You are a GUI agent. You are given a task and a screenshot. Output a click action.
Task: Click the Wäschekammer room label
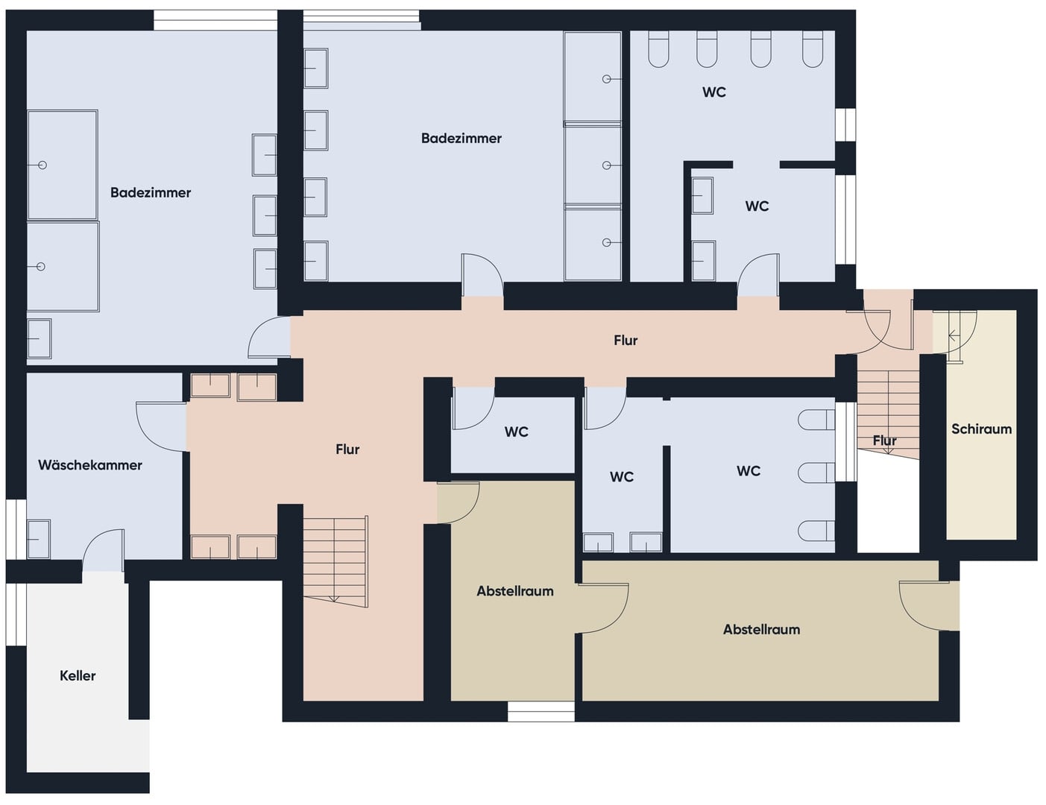pos(90,465)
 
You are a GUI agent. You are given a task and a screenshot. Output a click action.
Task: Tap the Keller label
pos(78,675)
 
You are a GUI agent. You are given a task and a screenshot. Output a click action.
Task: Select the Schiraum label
pos(981,429)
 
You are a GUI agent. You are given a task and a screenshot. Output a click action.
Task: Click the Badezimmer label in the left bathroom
pos(150,192)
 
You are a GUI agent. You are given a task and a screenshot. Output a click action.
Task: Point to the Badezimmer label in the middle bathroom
pos(461,138)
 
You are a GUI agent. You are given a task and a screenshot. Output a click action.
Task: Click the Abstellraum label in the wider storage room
pos(761,629)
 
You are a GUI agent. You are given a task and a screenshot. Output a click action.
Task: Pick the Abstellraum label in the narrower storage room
pos(515,591)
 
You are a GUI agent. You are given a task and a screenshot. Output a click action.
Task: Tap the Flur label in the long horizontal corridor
pos(626,340)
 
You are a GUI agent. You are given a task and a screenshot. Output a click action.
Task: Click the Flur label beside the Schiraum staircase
pos(885,441)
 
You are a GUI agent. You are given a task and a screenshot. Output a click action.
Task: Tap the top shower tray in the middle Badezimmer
pos(592,77)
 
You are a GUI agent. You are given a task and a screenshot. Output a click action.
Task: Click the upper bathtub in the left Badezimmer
pos(63,165)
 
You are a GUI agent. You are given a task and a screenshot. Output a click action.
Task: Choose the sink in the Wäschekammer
pos(39,539)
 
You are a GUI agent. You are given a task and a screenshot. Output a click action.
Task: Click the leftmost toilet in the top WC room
pos(658,49)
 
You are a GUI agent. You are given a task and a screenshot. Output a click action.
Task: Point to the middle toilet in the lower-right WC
pos(816,473)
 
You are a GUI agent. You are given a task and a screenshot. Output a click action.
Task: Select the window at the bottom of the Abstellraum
pos(541,711)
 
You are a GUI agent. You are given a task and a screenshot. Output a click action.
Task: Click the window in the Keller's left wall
pos(16,614)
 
